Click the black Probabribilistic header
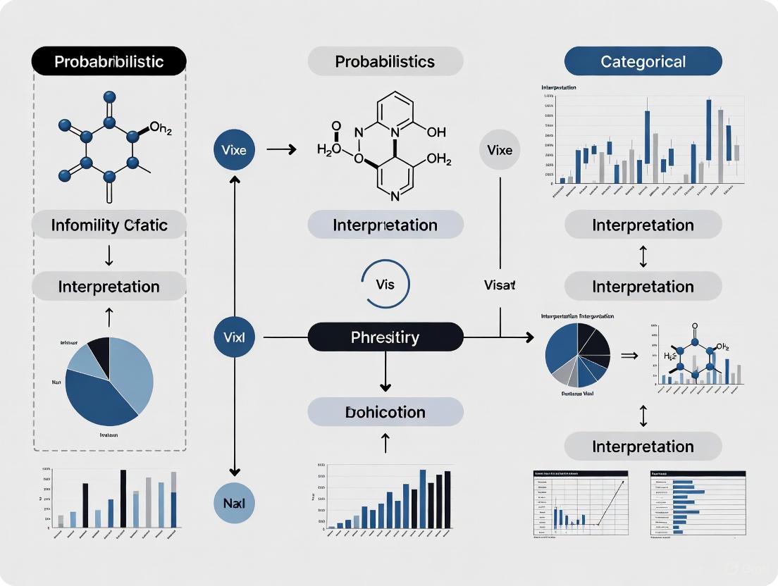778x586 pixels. pos(109,61)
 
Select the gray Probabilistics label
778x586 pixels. pos(385,61)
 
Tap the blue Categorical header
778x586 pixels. pos(643,61)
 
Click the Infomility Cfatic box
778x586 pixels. pos(109,225)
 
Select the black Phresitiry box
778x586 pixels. pos(385,337)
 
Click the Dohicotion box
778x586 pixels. pos(385,412)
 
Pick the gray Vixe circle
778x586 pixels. pos(500,150)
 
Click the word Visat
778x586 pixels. pos(500,285)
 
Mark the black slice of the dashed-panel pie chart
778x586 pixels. pos(98,348)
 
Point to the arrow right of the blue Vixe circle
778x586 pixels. pos(281,149)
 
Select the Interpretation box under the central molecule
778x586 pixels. pos(385,225)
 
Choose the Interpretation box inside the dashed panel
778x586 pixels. pos(109,287)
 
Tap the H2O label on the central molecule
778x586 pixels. pos(329,148)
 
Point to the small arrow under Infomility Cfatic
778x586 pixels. pos(109,256)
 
